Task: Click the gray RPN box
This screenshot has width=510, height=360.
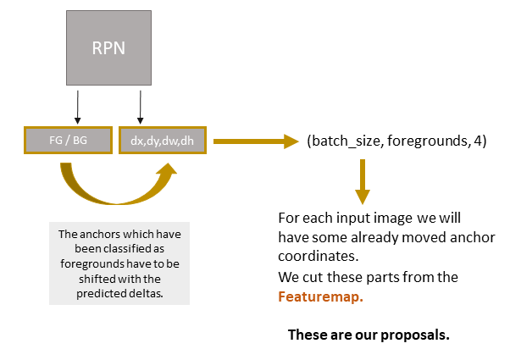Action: click(x=108, y=48)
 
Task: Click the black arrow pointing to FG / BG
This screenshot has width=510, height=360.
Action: click(x=77, y=108)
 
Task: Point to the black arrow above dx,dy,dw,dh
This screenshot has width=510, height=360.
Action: click(x=140, y=108)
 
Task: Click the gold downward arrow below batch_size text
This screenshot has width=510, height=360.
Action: click(x=363, y=180)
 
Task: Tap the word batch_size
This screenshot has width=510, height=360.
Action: click(x=343, y=141)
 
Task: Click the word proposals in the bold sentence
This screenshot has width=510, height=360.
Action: click(x=416, y=335)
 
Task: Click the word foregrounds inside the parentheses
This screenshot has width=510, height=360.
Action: click(x=424, y=141)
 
